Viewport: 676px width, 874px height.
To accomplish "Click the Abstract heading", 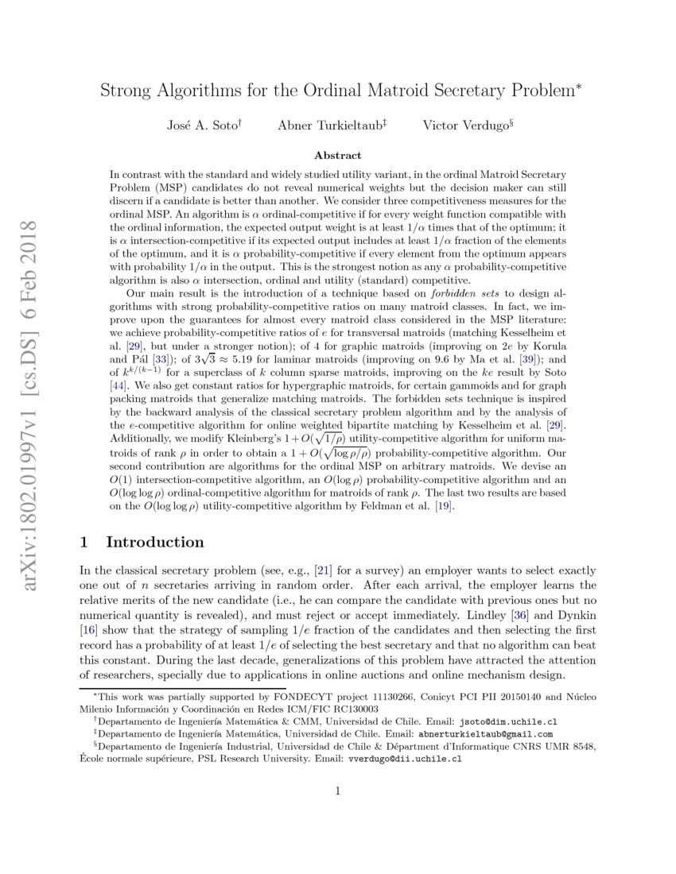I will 338,156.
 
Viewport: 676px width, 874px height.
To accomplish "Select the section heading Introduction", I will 154,543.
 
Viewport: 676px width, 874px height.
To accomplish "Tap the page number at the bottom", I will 338,790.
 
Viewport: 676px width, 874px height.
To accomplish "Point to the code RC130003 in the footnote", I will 354,708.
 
